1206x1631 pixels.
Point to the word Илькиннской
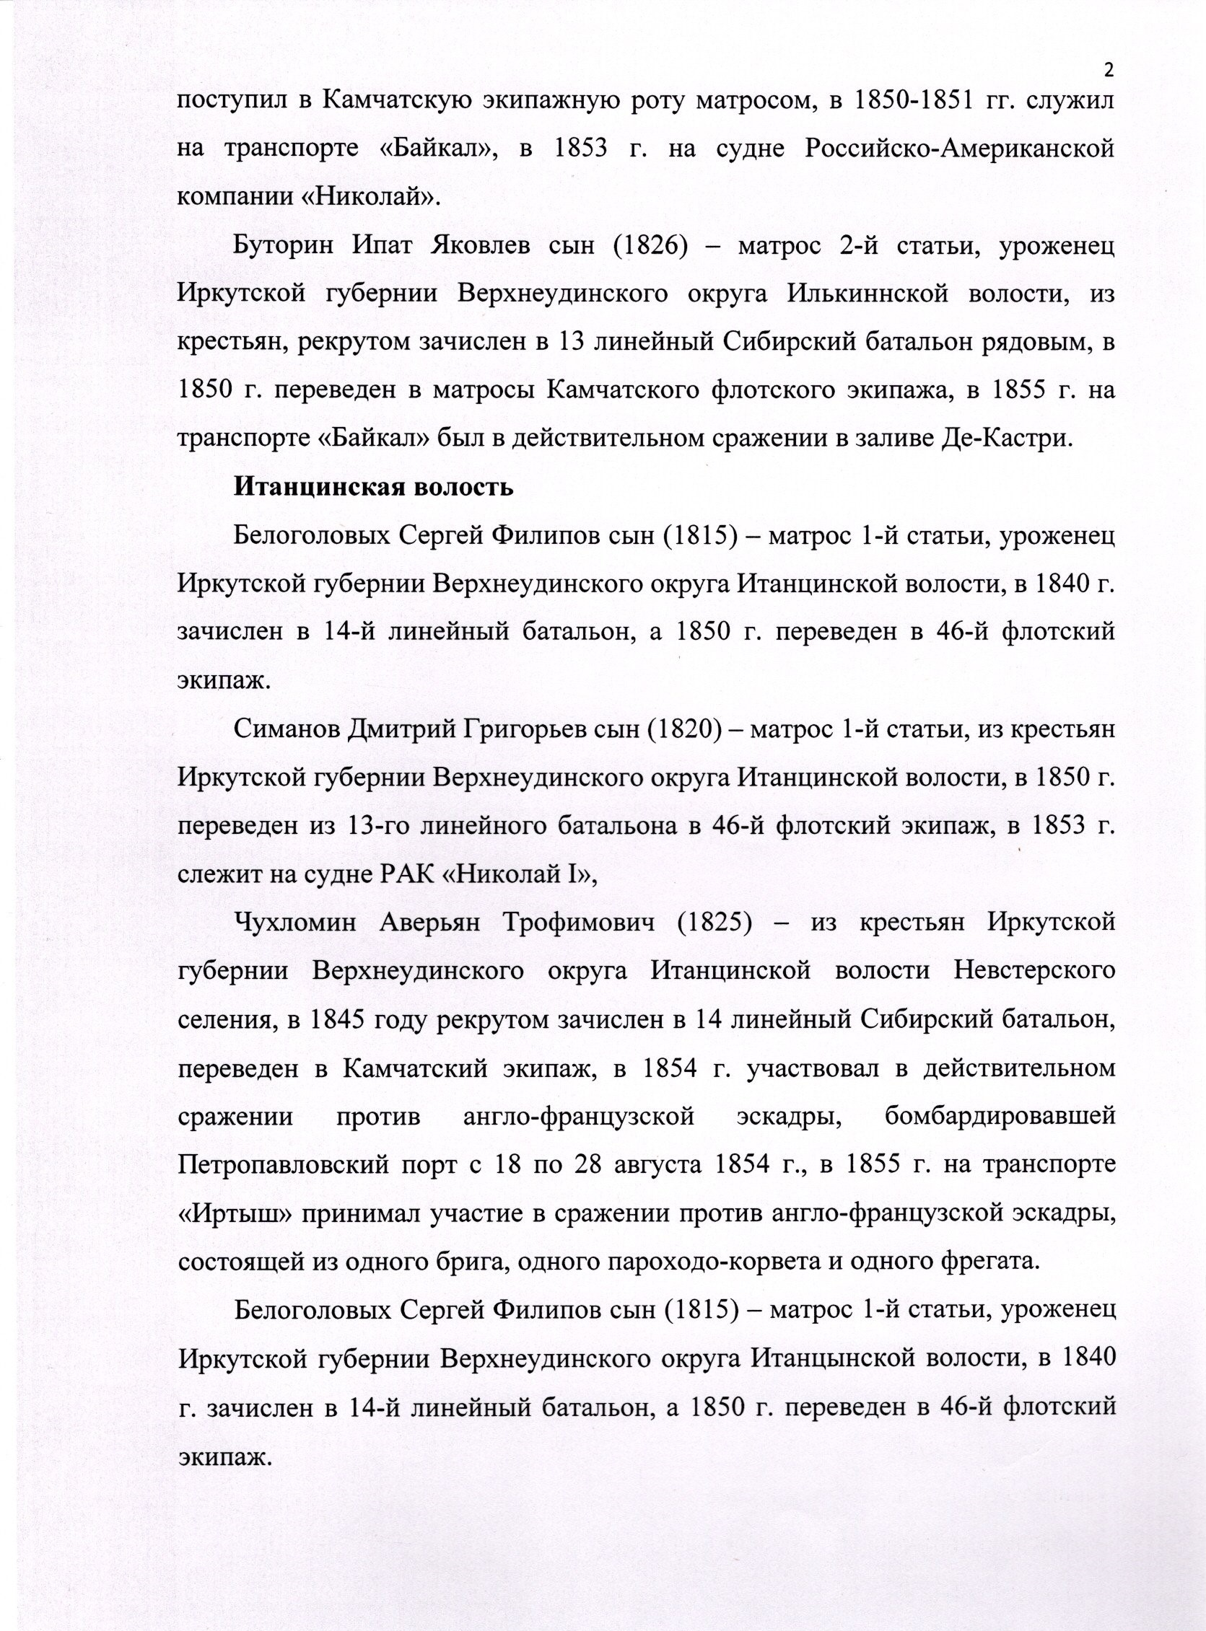[869, 294]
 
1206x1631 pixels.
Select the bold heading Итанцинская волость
[373, 487]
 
